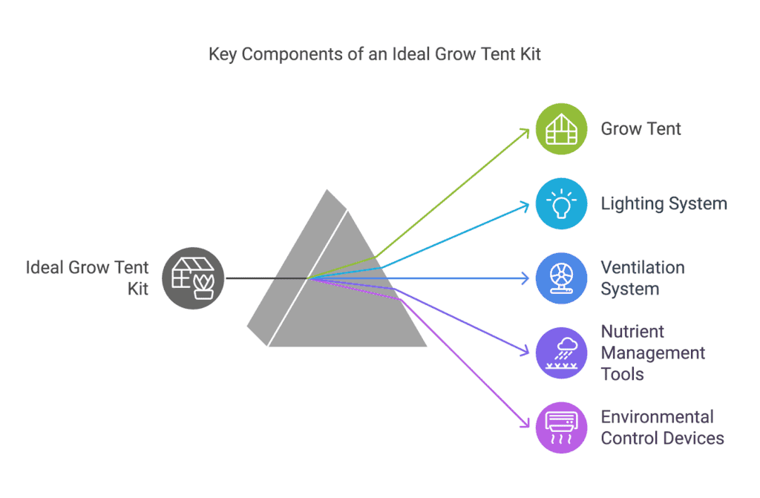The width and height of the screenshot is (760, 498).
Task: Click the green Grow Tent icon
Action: point(561,129)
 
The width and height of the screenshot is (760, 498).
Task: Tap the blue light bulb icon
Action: point(561,203)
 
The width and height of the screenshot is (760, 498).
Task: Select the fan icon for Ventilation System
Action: point(561,278)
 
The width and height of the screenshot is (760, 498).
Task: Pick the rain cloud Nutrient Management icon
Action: point(561,353)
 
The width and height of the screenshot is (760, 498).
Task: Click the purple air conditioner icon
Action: point(561,427)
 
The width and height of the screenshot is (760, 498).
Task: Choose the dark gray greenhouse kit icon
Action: point(193,278)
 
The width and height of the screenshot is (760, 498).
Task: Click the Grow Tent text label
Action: point(641,129)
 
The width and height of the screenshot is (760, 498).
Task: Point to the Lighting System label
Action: point(664,203)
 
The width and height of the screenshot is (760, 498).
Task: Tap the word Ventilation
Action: point(643,268)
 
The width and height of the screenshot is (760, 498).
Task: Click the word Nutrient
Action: point(632,332)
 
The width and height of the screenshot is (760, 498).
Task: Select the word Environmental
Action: point(658,417)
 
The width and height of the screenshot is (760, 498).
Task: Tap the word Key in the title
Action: point(223,55)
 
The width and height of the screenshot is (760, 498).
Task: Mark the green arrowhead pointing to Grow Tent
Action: point(525,132)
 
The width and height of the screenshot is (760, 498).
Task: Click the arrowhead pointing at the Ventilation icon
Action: point(525,278)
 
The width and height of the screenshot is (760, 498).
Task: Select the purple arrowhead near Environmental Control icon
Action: point(525,424)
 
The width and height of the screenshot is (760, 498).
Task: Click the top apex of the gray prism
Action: point(327,190)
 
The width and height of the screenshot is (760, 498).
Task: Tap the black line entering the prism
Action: point(267,278)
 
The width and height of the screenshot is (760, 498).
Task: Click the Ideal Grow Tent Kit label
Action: point(88,278)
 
